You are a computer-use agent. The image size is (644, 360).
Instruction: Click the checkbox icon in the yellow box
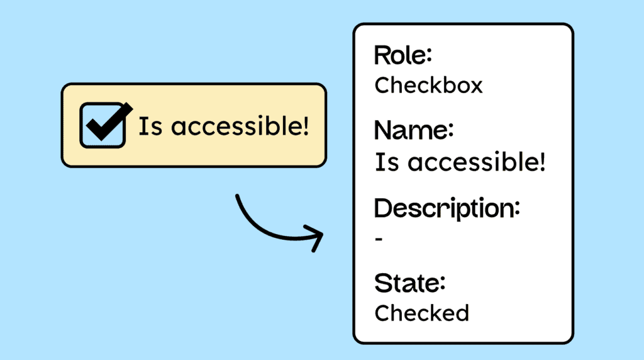(x=101, y=126)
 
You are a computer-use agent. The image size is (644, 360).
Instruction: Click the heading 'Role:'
(x=403, y=56)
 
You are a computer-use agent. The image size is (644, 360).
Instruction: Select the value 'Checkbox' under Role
(x=428, y=85)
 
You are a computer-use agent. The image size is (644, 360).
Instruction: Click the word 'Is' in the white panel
(x=384, y=162)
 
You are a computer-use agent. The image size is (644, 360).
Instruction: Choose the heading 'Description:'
(x=447, y=208)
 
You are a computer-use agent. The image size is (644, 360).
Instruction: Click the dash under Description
(x=379, y=239)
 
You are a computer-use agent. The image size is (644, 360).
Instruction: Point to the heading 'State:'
(x=409, y=283)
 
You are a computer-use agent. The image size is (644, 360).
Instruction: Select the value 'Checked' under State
(x=421, y=312)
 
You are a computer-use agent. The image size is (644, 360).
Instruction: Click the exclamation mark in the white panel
(x=541, y=162)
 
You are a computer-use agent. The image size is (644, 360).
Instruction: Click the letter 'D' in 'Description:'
(x=384, y=208)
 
